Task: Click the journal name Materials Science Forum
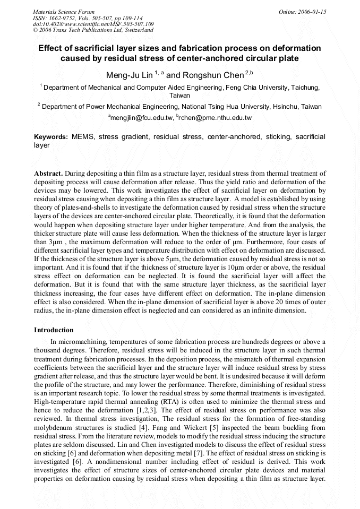tap(64, 12)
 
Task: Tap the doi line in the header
tap(93, 24)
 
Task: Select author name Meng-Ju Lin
tap(129, 75)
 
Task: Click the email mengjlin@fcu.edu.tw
tap(141, 117)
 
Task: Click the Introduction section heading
tap(54, 330)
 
